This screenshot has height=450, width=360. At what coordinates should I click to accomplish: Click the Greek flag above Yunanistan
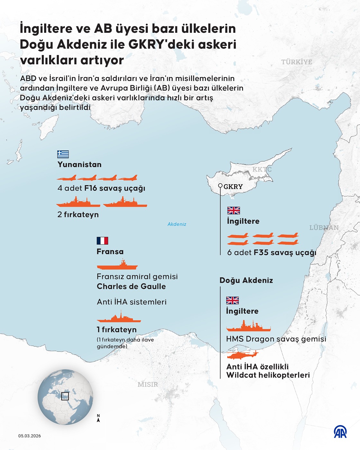63,154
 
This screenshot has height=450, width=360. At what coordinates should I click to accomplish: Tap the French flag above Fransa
102,241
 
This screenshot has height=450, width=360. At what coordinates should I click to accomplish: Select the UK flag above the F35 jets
234,211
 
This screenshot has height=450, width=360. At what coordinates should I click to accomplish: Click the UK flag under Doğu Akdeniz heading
232,301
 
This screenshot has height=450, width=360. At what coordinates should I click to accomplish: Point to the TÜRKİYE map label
297,62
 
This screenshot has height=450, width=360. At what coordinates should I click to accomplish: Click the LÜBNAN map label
324,228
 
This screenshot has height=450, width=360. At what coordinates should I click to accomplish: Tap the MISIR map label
148,384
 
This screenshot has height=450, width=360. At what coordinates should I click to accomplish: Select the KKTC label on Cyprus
262,169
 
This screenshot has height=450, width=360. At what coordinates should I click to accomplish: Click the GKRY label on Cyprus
233,187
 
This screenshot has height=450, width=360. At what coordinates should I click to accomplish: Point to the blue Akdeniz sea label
177,224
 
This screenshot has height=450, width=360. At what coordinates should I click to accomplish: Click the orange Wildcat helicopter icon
242,354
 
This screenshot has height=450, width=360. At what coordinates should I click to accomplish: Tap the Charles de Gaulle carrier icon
117,265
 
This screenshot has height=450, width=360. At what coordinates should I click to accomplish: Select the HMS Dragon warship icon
248,326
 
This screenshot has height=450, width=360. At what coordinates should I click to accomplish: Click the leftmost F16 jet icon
67,178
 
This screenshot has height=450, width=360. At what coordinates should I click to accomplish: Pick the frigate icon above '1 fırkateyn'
119,317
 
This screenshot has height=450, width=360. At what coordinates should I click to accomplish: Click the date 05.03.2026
30,436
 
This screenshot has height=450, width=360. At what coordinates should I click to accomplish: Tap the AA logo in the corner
340,432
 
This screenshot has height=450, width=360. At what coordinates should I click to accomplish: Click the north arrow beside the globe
98,418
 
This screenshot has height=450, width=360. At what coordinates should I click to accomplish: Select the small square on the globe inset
65,396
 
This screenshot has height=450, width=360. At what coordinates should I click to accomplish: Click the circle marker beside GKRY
220,185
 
